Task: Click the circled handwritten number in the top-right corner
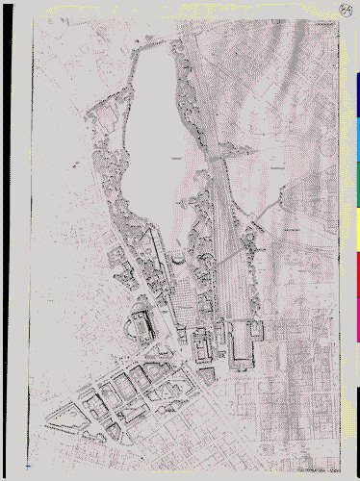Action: tap(346, 11)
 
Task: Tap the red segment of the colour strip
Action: tap(357, 273)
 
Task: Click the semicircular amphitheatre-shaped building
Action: tap(142, 325)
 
